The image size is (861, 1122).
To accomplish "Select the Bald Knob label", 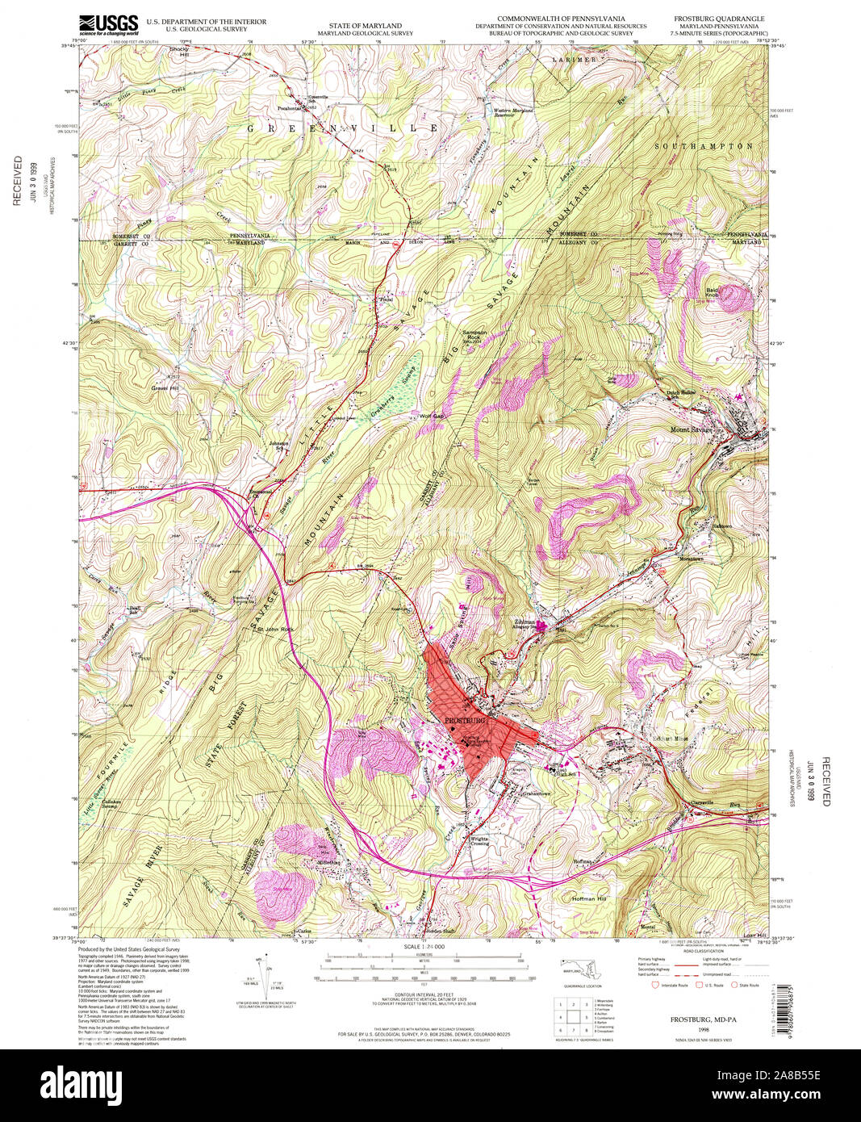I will click(712, 292).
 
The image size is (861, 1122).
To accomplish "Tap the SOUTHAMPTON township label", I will click(704, 146).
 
